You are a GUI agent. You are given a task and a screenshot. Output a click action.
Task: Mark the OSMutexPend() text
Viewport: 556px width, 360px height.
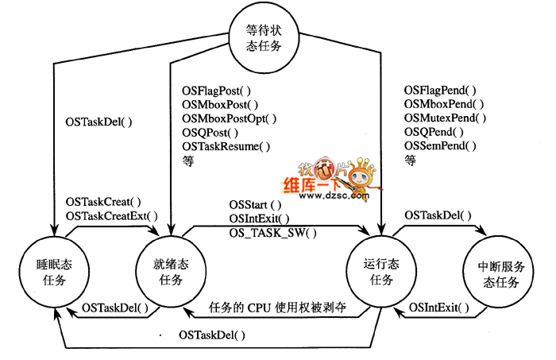point(446,118)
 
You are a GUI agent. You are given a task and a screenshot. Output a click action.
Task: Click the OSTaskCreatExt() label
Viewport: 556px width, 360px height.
point(112,216)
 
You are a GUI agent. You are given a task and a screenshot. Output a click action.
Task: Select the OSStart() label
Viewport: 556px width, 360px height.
point(250,204)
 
